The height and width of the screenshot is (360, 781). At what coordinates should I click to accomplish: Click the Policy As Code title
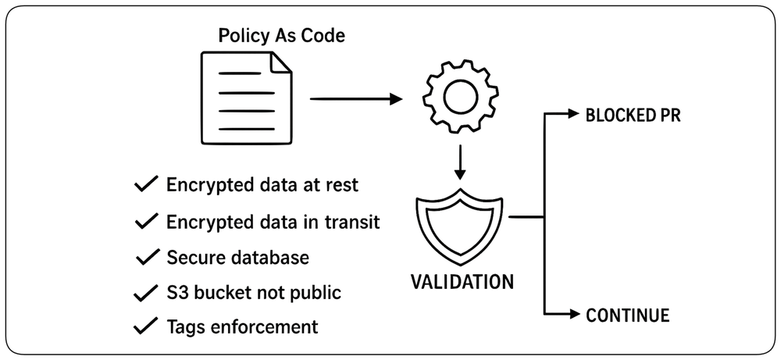pos(281,36)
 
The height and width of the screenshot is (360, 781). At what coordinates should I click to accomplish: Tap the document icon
pos(246,98)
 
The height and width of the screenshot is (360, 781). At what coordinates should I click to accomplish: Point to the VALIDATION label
pos(462,282)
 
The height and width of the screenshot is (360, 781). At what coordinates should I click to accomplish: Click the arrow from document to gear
pos(355,98)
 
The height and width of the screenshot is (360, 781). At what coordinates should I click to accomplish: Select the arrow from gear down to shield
pos(460,162)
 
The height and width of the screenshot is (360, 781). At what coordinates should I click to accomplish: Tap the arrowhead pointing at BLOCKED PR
pos(574,113)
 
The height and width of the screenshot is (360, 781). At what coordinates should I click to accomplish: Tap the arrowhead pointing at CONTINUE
pos(574,314)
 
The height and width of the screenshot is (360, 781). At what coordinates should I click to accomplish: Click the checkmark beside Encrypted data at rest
pos(147,185)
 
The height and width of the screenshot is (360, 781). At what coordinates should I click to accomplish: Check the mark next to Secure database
pos(148,258)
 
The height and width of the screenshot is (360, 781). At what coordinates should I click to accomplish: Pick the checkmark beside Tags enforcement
pos(147,326)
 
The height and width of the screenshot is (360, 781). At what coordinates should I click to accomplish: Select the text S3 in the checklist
pos(177,292)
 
